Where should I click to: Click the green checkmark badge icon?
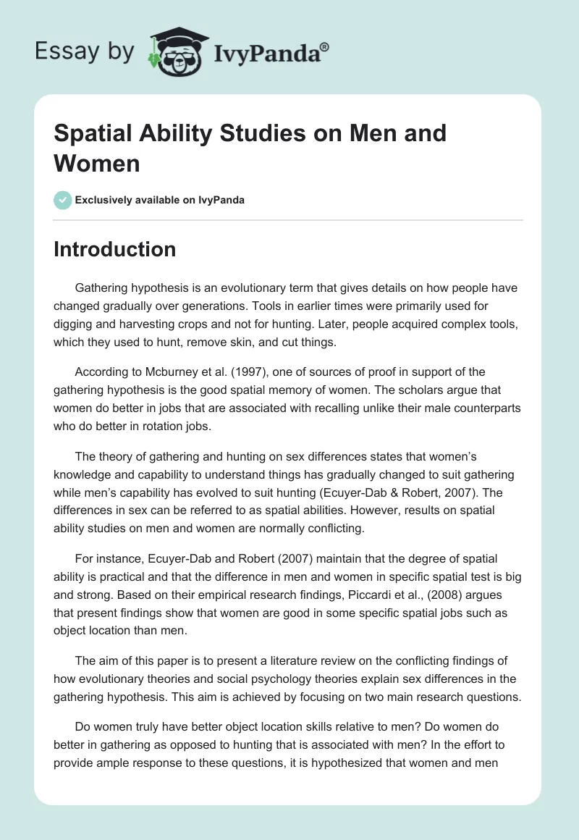[62, 200]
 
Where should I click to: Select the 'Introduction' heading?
[115, 249]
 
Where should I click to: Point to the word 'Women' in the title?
[96, 163]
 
